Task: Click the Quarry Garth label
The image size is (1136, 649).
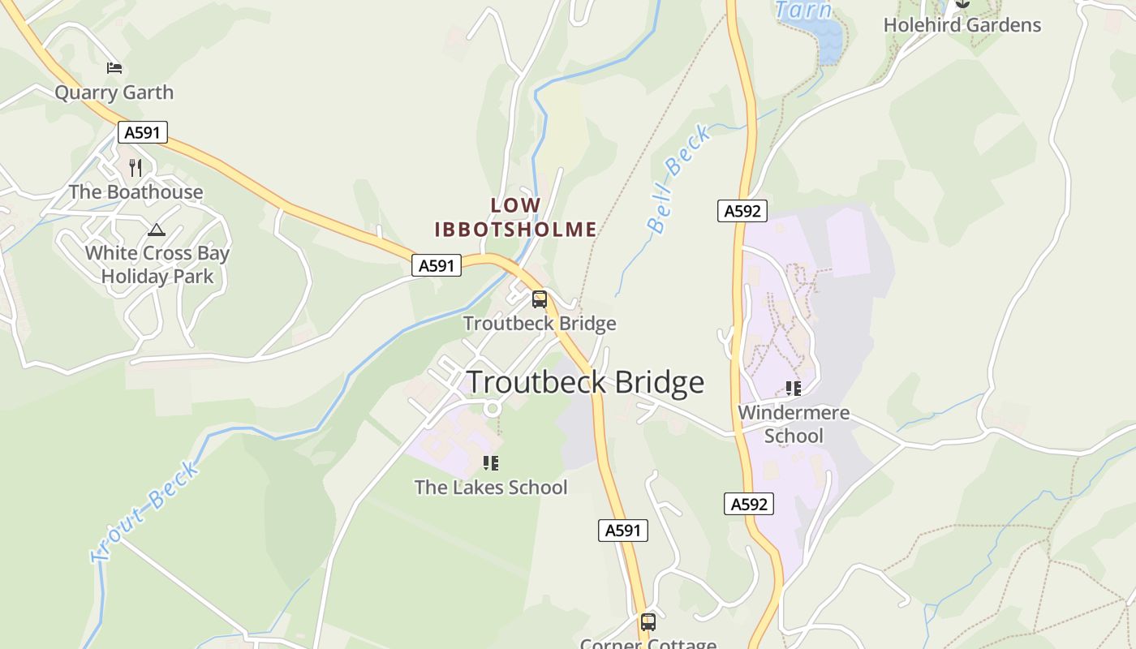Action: point(114,92)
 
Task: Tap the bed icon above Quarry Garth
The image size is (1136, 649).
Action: point(114,67)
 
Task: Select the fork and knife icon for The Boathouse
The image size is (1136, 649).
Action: point(136,168)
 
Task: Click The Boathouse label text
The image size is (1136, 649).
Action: point(136,192)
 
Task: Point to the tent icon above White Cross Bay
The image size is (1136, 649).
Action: point(157,230)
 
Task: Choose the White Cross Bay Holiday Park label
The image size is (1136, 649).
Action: point(157,264)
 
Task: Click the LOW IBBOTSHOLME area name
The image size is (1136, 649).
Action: point(515,217)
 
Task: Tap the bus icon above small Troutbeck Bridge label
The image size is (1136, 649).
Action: point(539,299)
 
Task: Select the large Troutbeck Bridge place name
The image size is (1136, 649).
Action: point(585,382)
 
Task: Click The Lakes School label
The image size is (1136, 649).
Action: point(491,488)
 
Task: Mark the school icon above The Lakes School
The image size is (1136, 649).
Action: point(490,463)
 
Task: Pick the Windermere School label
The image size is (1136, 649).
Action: point(794,424)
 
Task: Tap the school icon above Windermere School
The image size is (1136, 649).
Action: point(794,389)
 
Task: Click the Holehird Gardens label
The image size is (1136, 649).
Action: point(962,25)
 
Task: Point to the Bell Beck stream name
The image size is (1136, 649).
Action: point(680,178)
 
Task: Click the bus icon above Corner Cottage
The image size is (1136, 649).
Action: point(648,622)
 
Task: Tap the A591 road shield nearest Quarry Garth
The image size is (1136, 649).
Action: point(142,132)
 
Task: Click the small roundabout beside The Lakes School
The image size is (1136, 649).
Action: point(491,408)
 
